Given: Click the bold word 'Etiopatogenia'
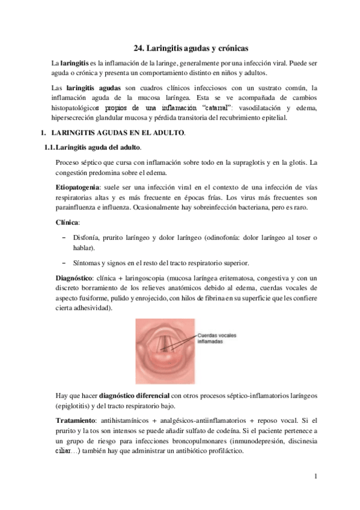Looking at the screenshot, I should tap(78, 188).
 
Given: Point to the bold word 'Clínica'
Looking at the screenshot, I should tap(67, 222).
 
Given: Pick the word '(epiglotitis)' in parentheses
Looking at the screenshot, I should tap(75, 405).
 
